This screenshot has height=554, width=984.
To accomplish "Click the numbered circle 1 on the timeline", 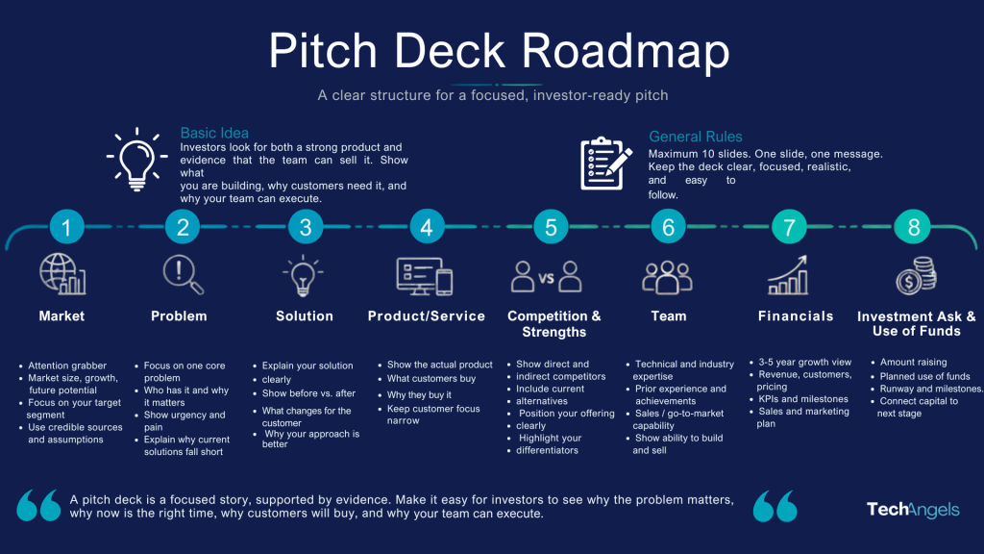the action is [67, 226].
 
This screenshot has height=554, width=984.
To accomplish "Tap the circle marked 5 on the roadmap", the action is [551, 226].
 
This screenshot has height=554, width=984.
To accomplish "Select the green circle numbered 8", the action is [913, 226].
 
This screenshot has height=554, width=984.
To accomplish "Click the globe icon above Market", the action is [62, 274].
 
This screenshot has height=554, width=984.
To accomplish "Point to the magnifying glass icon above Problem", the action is [183, 274].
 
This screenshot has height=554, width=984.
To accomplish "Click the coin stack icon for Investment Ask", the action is [916, 275].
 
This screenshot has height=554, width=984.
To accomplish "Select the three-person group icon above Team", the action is [667, 277].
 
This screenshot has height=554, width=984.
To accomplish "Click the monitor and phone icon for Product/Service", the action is [425, 276].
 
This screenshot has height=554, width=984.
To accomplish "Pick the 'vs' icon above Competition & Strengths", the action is [546, 277].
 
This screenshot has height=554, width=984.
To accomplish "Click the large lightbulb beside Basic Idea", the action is [136, 160].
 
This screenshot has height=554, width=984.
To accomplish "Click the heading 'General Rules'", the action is [696, 137].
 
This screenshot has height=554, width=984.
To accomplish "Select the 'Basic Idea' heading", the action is [214, 133].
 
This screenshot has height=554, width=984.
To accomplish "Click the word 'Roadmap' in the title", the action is [626, 50].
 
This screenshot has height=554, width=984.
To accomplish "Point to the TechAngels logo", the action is [913, 510].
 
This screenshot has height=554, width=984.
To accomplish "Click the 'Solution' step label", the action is [305, 315].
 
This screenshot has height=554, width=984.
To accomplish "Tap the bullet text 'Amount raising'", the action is [913, 362].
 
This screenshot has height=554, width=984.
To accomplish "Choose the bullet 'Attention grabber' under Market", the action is [67, 365].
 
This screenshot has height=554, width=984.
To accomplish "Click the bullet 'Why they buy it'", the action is [419, 394].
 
